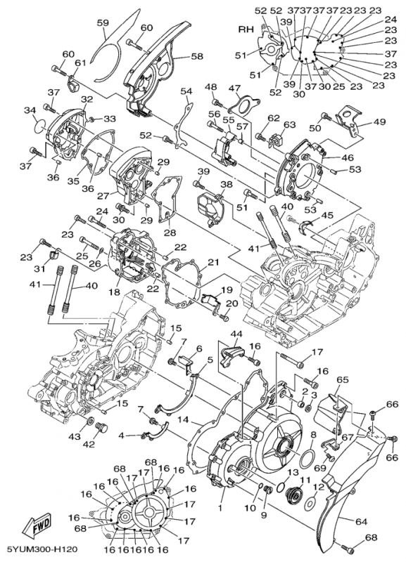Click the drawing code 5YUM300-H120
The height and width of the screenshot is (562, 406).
point(39,549)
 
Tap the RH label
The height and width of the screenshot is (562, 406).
point(246,30)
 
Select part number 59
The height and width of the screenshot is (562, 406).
point(103,23)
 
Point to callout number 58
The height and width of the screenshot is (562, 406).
point(197,56)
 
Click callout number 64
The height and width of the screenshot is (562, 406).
point(361,522)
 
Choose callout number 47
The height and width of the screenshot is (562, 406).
point(244,89)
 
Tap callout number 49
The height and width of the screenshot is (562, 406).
point(379,122)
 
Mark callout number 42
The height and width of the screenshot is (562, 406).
point(89,445)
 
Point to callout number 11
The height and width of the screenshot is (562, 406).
point(305,480)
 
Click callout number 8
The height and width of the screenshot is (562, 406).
point(313,435)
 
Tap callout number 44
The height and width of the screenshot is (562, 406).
point(236,334)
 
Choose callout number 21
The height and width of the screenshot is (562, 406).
point(213,263)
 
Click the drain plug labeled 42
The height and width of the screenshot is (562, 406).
point(103,428)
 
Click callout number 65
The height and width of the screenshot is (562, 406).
point(343,380)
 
